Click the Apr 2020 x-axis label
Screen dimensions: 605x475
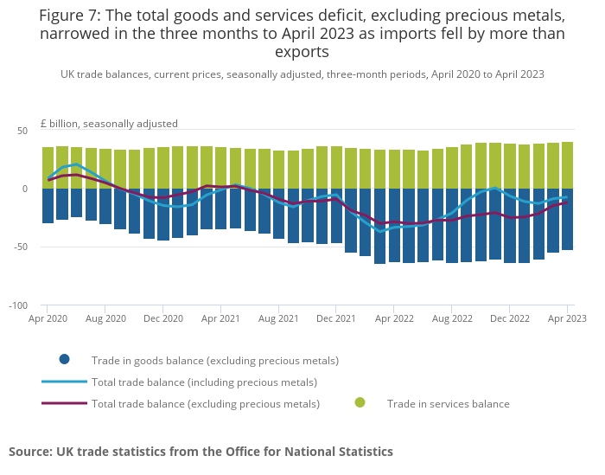(48, 318)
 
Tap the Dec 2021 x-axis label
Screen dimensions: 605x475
(335, 318)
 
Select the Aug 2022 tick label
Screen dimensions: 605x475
(452, 318)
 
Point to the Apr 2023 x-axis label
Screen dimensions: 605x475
(567, 318)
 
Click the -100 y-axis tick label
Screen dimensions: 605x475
(18, 305)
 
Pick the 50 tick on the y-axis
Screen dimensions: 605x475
(22, 131)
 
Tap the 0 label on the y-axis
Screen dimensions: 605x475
(25, 189)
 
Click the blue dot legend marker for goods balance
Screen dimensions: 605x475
(65, 360)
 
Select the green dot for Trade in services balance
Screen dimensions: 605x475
(360, 403)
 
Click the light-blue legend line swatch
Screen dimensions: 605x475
(65, 382)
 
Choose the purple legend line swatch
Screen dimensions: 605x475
(65, 403)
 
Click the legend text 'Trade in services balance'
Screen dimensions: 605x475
(449, 404)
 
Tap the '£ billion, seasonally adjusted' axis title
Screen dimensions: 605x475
(109, 124)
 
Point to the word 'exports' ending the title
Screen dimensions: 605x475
(302, 52)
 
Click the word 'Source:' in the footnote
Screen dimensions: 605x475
(31, 452)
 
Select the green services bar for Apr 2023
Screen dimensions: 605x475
(567, 165)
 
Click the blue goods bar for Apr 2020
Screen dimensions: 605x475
(48, 206)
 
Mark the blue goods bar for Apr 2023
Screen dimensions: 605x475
(567, 219)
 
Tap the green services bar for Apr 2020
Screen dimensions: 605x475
(48, 168)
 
